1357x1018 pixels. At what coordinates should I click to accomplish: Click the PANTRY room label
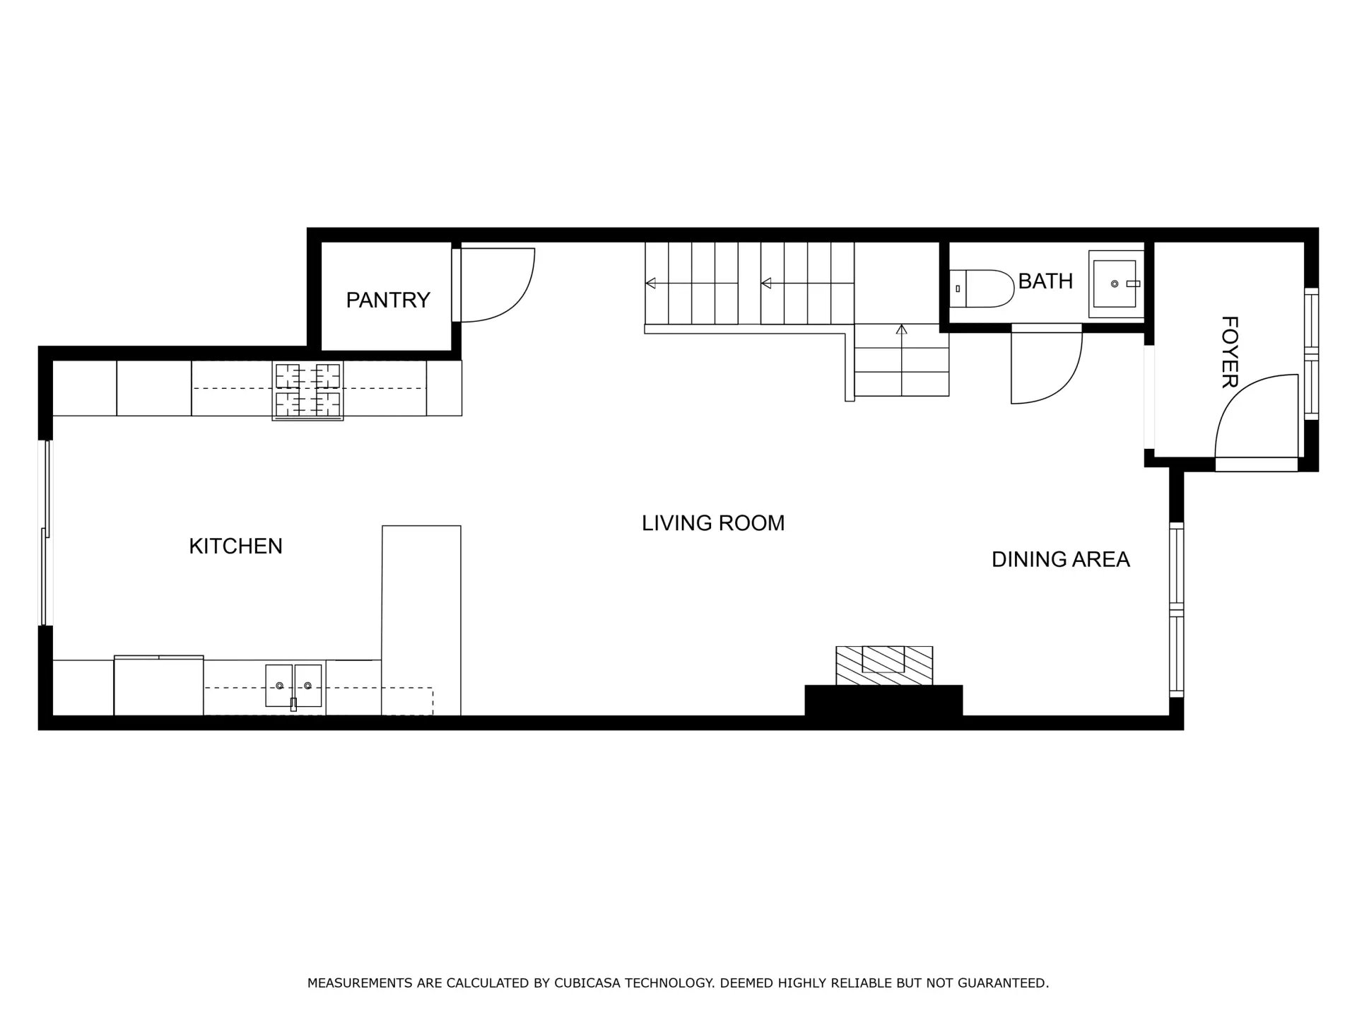[x=388, y=300]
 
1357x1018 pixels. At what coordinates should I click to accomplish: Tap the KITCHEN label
[x=235, y=546]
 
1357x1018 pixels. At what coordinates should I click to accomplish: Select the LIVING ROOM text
[x=713, y=523]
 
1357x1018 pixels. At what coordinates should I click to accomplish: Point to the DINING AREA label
[x=1060, y=559]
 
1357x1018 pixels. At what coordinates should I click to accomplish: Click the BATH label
[x=1045, y=281]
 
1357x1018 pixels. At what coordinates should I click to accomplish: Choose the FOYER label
[x=1230, y=352]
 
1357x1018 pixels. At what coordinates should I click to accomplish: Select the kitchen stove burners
[x=308, y=391]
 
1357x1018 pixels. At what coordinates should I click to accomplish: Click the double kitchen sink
[x=294, y=685]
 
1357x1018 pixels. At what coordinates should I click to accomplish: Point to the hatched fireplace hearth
[x=884, y=665]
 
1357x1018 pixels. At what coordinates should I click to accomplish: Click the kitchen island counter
[x=421, y=620]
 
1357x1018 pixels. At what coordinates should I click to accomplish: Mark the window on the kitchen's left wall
[x=46, y=532]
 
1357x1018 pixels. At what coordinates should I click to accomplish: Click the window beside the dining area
[x=1176, y=609]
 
